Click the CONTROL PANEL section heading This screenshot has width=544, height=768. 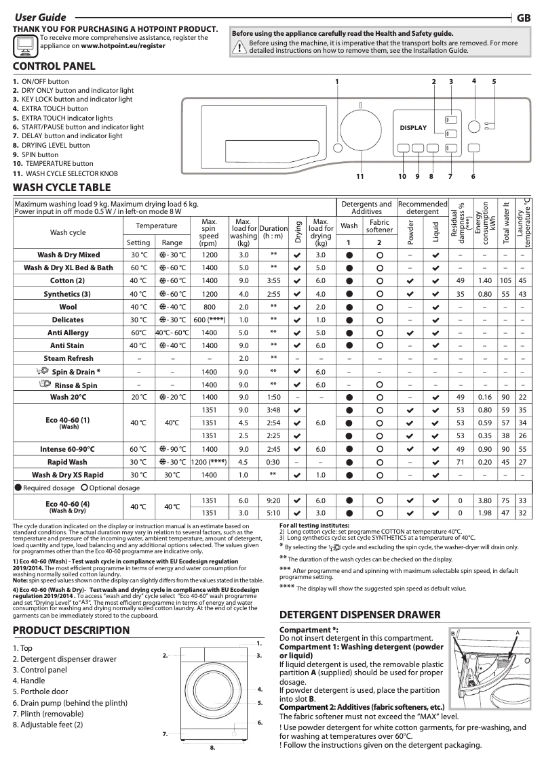[x=54, y=66]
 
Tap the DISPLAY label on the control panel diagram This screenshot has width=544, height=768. [x=413, y=128]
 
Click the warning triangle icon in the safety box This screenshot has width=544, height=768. [x=239, y=47]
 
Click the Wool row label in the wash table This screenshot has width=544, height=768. [x=69, y=307]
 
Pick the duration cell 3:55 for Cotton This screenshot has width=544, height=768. [x=273, y=281]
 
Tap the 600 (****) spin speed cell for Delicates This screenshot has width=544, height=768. [x=209, y=320]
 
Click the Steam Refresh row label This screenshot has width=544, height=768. [x=69, y=358]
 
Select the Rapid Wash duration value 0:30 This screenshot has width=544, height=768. [x=273, y=463]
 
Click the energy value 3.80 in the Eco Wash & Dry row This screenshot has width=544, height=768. [x=485, y=500]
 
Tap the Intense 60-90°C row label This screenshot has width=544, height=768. [x=69, y=449]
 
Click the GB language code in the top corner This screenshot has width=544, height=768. [x=524, y=18]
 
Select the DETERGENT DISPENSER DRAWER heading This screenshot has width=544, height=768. [x=360, y=615]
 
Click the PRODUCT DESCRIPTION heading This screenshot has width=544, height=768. [x=71, y=631]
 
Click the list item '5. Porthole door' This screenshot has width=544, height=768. [x=41, y=692]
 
